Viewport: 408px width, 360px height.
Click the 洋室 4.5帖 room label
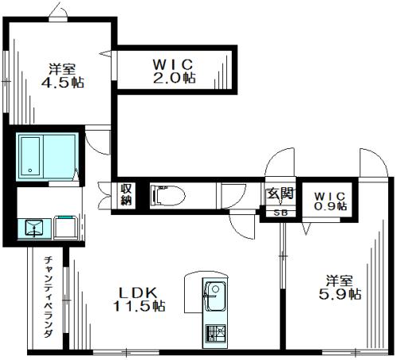63,76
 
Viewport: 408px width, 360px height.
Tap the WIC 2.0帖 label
174,71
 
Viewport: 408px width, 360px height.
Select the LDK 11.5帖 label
139,299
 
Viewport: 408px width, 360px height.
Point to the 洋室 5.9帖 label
339,288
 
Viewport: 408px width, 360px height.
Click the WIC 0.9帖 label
330,202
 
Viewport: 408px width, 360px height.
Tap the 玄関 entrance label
280,193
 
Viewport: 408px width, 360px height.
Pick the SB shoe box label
280,213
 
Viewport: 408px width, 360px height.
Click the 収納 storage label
126,194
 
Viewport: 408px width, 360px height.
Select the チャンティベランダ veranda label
49,296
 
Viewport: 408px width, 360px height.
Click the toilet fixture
168,196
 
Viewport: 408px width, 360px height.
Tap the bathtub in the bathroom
30,156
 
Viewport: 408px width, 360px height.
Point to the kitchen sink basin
216,296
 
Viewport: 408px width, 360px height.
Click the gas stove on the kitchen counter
216,334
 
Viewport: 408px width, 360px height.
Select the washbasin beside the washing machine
34,229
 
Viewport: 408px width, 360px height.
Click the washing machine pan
66,227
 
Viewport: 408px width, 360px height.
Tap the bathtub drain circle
30,170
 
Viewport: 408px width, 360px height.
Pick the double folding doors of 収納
104,195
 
